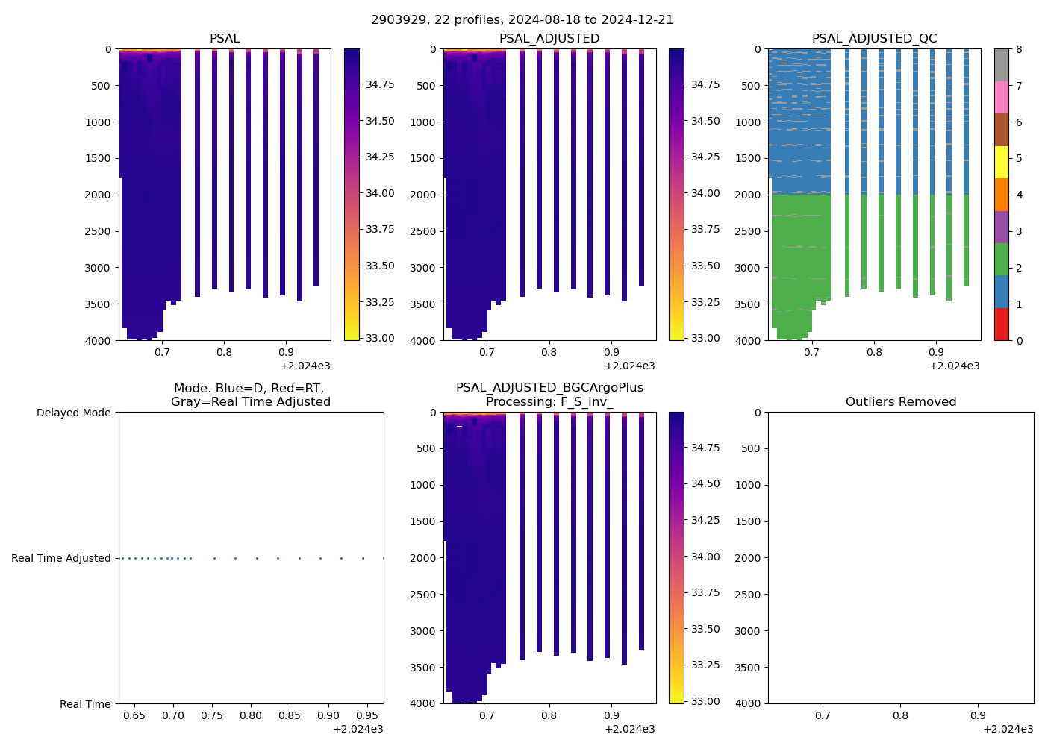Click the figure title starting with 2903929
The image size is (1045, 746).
pyautogui.click(x=522, y=20)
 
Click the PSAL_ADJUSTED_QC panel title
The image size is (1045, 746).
pyautogui.click(x=874, y=39)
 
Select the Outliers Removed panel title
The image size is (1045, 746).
pyautogui.click(x=900, y=402)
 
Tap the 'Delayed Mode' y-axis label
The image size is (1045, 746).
pyautogui.click(x=73, y=413)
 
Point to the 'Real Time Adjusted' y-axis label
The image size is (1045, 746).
pyautogui.click(x=61, y=558)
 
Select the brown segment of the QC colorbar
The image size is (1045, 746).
pyautogui.click(x=1001, y=130)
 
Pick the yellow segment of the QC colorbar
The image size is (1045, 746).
pyautogui.click(x=1001, y=162)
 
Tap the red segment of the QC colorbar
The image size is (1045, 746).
pyautogui.click(x=1001, y=324)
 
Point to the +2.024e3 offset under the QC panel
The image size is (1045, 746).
pyautogui.click(x=954, y=366)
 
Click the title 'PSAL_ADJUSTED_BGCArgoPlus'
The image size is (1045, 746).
pyautogui.click(x=549, y=388)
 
